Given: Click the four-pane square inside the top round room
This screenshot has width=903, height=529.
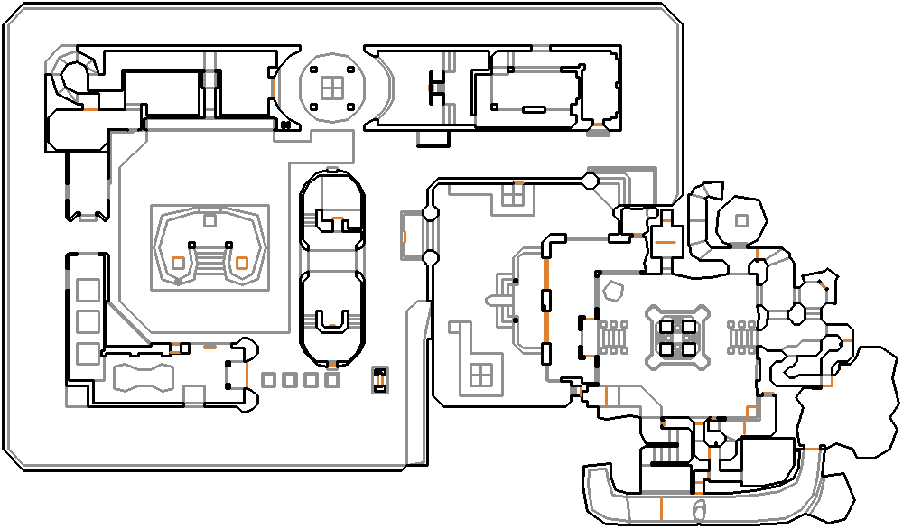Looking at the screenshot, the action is coord(332,87).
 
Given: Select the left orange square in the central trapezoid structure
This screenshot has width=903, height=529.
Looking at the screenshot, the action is coord(179,263).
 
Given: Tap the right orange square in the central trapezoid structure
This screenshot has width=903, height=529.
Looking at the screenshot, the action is coord(241,263).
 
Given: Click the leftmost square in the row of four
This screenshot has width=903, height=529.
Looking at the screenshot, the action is coord(268,380).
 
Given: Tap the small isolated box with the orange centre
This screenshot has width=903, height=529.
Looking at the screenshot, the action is coord(380,380).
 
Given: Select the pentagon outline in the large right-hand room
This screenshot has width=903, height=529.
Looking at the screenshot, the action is coord(615,292).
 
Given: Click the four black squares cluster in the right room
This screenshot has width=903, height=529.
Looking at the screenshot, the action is coord(677,336).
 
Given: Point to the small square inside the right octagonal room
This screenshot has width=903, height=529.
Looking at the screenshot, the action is coord(741,220).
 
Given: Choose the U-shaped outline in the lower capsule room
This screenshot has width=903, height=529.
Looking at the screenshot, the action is coord(332,320).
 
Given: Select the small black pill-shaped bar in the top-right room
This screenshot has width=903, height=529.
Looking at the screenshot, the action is coord(533,109).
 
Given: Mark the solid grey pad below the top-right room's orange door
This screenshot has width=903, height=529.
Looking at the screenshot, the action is coord(596,132).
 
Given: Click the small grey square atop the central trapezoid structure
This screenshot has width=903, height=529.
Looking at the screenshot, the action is coord(209,219).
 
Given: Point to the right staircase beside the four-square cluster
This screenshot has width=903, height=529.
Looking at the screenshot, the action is coord(741,336).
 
